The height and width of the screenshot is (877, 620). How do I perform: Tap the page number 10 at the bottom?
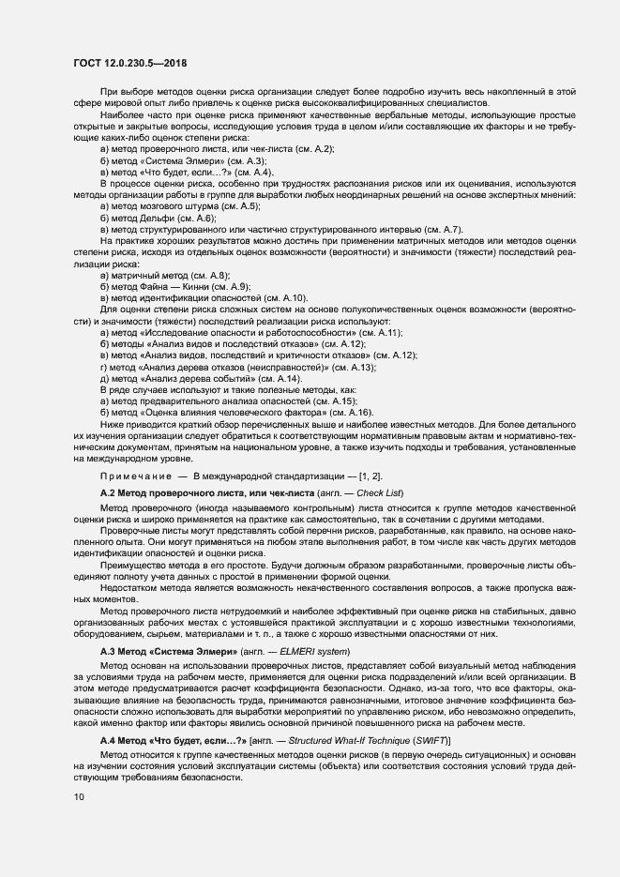pos(79,797)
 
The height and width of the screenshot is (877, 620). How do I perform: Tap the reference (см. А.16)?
pos(352,414)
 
